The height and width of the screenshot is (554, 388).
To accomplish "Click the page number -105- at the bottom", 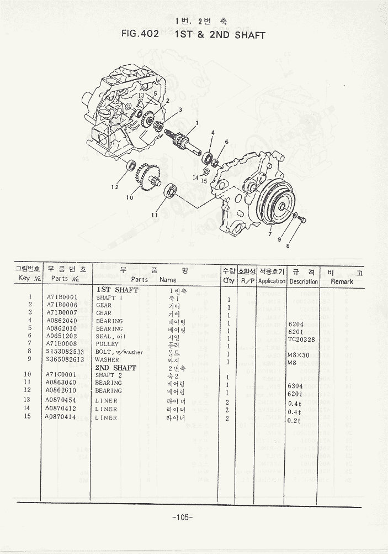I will tap(182, 517).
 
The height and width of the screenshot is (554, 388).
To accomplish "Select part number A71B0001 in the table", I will tap(62, 297).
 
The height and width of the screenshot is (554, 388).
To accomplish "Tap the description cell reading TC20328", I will tap(301, 340).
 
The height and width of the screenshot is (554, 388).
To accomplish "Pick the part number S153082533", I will tap(65, 352).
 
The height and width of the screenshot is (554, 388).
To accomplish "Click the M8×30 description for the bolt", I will tap(300, 356).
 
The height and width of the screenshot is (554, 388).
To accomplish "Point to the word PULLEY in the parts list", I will tap(107, 344).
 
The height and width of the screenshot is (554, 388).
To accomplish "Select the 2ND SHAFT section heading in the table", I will tap(116, 368).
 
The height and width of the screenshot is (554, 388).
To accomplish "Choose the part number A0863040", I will tap(62, 383).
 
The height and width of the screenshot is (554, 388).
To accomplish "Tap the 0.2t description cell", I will tap(295, 421).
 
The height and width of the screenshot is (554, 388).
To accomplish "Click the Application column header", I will tap(272, 281).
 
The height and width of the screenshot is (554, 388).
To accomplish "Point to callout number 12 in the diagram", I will tap(114, 187).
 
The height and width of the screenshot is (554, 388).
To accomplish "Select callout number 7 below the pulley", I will tap(270, 234).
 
